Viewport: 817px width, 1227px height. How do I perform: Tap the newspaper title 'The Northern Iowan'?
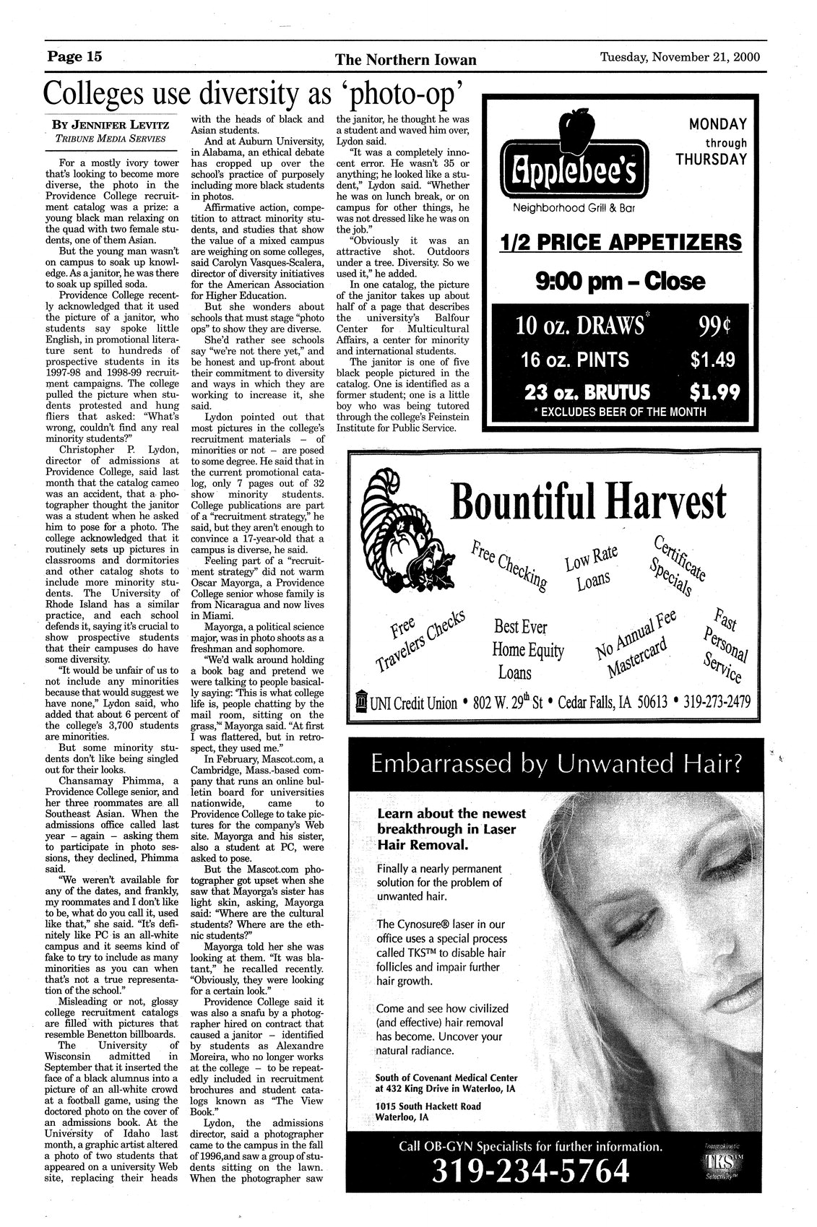click(x=406, y=59)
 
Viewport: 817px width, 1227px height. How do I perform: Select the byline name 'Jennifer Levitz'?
click(x=110, y=124)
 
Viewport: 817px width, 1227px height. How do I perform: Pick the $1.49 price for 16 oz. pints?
click(x=711, y=360)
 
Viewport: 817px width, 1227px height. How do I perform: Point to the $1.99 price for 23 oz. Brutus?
click(x=712, y=392)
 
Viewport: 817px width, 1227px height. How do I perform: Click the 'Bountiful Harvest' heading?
click(x=587, y=501)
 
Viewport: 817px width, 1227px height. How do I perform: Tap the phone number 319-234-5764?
click(x=529, y=1170)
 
